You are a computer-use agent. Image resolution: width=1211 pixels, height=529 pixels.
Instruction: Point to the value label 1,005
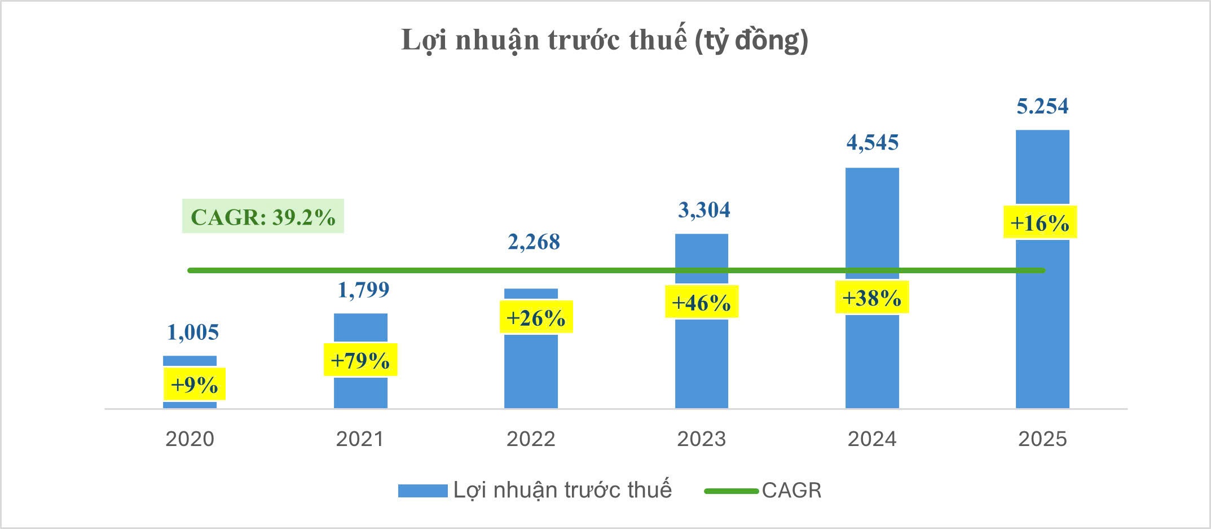(193, 333)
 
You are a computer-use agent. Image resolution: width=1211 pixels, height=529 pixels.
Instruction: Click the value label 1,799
(363, 290)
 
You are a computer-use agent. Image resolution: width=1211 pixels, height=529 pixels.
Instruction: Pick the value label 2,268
(534, 242)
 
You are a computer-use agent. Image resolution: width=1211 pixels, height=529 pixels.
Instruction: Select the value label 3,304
(704, 210)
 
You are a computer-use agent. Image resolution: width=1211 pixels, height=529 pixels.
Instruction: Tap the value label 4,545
(872, 143)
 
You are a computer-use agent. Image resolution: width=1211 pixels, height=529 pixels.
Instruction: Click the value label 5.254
(1042, 106)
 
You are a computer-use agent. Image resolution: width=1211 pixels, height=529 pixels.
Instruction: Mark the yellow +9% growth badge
(194, 384)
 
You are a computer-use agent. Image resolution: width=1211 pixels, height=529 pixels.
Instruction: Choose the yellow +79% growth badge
(360, 360)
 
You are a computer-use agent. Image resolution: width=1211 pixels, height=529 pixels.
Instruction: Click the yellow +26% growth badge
(536, 317)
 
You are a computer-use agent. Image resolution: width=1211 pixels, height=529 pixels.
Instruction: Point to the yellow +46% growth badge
(701, 302)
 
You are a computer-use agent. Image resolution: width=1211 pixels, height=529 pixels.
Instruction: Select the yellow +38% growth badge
(871, 297)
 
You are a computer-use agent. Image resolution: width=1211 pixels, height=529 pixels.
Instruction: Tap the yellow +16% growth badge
(1040, 222)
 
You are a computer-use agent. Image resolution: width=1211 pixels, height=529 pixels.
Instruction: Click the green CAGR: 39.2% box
(263, 216)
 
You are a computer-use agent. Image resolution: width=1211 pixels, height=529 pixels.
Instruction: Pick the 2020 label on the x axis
(190, 439)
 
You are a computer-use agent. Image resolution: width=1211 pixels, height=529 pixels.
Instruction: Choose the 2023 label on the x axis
(702, 439)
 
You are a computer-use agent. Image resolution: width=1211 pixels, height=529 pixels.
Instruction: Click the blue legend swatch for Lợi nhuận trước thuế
(422, 491)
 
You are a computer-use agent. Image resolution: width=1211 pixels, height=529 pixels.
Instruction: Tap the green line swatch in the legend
(731, 491)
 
